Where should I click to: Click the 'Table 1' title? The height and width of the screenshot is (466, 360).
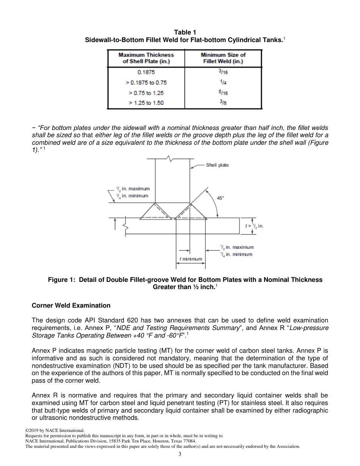click(185, 32)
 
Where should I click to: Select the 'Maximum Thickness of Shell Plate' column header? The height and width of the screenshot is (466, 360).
click(146, 58)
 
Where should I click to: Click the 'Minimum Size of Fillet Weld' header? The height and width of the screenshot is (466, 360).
click(223, 58)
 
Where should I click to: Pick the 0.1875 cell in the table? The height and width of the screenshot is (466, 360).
click(146, 72)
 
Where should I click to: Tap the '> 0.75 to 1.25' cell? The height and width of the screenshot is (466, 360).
click(146, 93)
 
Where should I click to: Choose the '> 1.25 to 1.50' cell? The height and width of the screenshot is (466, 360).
click(146, 103)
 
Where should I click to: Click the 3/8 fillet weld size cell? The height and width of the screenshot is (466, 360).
click(223, 103)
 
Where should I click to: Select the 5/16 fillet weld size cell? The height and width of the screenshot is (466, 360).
click(223, 93)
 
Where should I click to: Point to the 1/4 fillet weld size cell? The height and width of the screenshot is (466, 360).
click(223, 82)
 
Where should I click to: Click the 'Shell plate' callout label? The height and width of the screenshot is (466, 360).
click(217, 165)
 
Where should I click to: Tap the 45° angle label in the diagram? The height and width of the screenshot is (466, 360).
click(220, 197)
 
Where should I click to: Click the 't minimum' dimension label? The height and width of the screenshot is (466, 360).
click(191, 259)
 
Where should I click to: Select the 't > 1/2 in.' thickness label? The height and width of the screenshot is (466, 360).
click(254, 226)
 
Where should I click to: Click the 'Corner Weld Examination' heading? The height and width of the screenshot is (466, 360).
click(71, 305)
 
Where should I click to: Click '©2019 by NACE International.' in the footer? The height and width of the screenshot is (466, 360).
click(52, 430)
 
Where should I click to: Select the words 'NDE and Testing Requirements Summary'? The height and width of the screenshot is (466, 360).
click(183, 328)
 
